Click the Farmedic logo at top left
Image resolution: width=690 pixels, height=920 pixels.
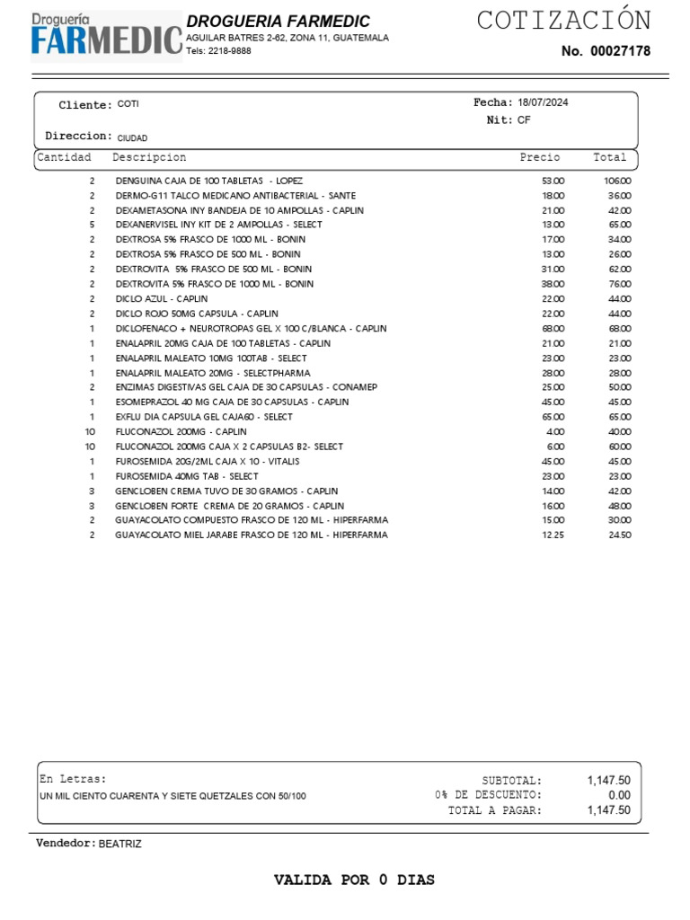point(106,35)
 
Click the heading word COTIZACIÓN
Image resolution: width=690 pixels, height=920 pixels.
point(563,20)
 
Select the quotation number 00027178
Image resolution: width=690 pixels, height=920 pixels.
point(620,51)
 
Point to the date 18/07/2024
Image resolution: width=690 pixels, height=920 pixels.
point(543,102)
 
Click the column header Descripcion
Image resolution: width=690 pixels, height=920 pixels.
point(149,157)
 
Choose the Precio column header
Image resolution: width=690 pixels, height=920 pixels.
point(539,157)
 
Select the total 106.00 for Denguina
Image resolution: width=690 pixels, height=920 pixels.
point(617,181)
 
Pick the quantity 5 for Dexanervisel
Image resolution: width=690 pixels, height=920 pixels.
point(92,225)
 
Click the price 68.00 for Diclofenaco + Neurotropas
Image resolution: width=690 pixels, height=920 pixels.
point(553,328)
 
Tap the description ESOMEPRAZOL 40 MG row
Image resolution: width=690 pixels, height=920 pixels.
point(232,402)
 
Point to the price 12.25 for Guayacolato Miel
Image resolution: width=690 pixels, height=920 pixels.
point(553,535)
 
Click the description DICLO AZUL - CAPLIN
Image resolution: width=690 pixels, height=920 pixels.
point(162,298)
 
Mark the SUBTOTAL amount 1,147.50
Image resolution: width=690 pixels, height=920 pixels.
point(608,781)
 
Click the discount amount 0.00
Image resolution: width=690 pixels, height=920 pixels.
point(619,795)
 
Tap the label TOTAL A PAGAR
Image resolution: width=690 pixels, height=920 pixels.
point(495,810)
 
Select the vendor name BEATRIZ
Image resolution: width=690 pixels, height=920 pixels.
point(119,844)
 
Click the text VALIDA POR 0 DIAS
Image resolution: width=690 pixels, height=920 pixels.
point(354,880)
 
